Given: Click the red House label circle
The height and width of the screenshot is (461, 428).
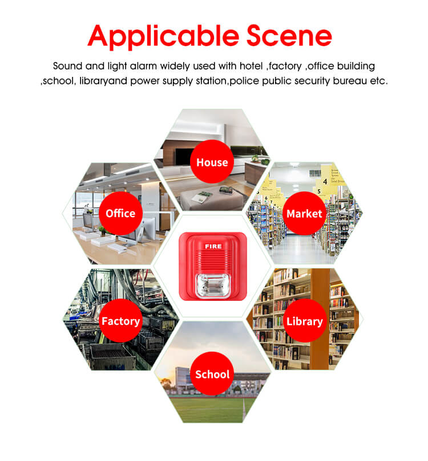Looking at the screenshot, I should click(212, 162).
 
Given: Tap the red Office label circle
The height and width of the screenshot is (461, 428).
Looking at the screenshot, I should click(120, 213).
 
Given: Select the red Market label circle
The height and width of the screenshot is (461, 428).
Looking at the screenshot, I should click(304, 214).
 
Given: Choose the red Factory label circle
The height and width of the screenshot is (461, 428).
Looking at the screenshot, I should click(120, 321).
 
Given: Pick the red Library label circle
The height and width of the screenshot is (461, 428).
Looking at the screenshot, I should click(304, 321).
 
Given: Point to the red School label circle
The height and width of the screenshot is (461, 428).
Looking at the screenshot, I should click(212, 374).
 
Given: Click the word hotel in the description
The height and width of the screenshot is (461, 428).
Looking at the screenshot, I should click(249, 66).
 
